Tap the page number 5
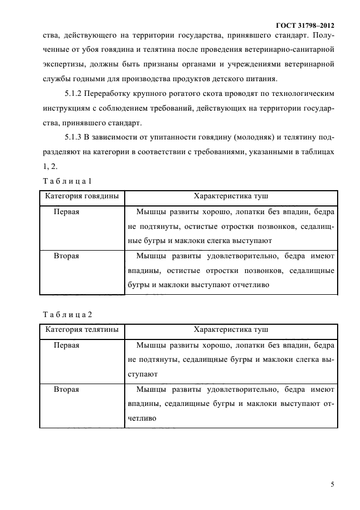point(332,484)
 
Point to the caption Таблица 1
point(70,180)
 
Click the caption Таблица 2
point(70,314)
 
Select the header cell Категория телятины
point(82,330)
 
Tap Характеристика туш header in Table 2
point(231,330)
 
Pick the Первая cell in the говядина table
point(66,211)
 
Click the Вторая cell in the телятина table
point(66,390)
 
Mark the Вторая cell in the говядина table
point(66,256)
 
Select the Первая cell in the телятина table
point(66,345)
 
